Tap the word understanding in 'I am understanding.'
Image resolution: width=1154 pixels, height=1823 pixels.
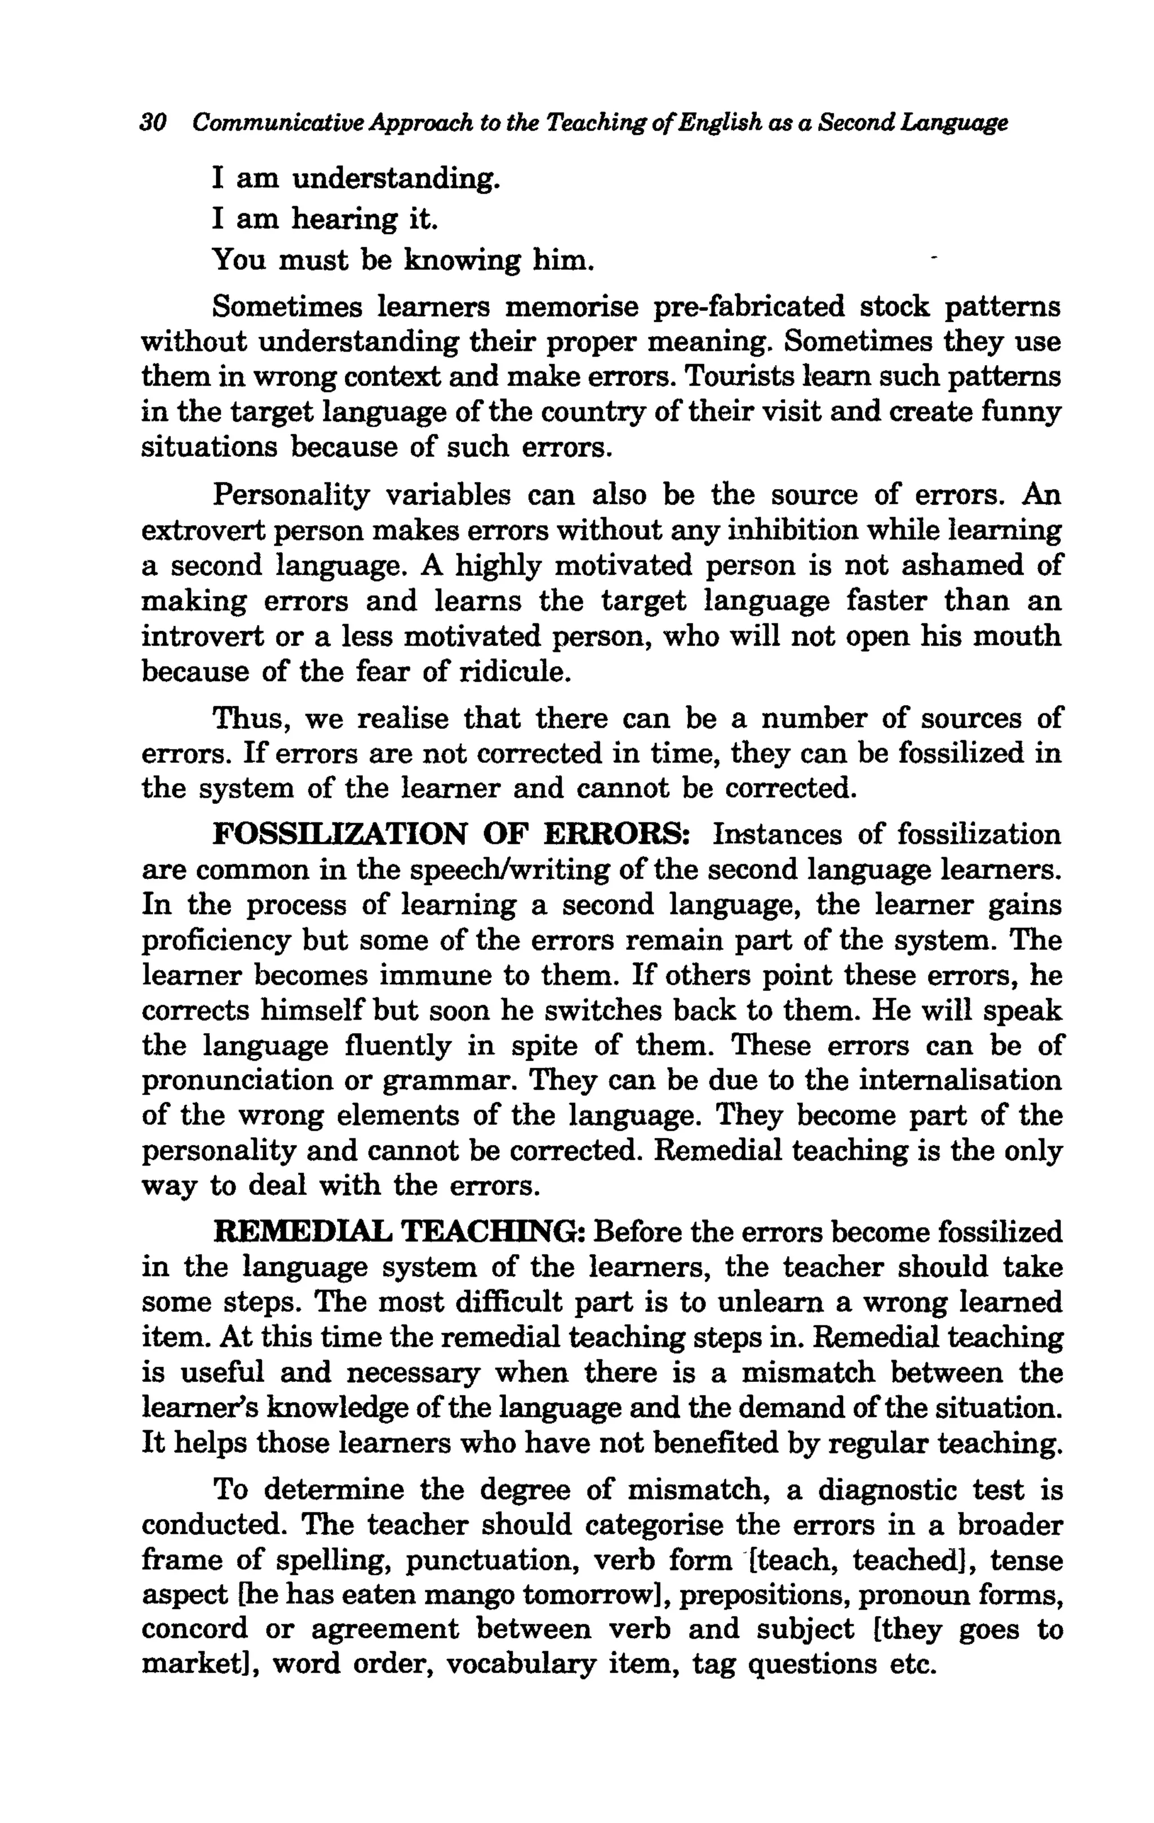395,179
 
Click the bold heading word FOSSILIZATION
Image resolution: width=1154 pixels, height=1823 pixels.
340,835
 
